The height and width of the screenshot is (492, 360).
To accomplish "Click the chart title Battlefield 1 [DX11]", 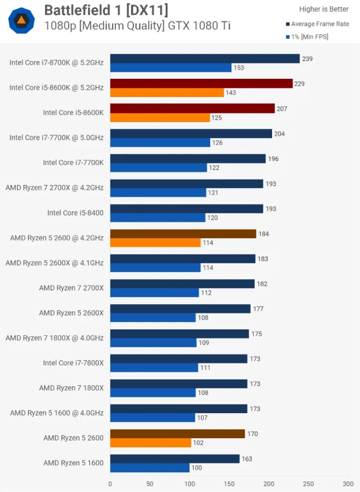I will point(106,10).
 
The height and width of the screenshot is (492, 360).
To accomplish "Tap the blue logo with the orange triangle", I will point(22,20).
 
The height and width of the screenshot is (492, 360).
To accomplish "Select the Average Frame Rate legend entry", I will point(320,24).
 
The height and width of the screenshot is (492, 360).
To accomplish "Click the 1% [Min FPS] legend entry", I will point(309,37).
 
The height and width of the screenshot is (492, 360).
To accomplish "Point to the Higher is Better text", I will point(324,9).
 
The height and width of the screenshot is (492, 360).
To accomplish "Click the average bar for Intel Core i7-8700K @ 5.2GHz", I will point(205,59).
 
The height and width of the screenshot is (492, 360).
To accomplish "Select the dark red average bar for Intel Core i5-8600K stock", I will point(192,109).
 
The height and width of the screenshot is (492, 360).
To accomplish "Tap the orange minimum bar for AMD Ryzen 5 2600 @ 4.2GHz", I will point(155,243).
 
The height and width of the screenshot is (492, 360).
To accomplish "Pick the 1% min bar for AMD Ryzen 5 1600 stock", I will point(150,467).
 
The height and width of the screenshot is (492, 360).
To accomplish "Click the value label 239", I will point(307,59).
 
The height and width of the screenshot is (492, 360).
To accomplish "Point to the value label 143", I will point(231,93).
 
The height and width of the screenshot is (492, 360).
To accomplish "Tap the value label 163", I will point(247,459).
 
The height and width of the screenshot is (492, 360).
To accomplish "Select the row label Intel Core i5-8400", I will point(75,213).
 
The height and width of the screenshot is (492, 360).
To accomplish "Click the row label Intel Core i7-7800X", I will point(73,363).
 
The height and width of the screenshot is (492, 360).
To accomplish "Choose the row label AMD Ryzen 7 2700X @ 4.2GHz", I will point(54,187).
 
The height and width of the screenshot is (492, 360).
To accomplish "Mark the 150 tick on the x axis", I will point(229,484).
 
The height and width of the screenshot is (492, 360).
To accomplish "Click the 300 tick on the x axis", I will point(348,484).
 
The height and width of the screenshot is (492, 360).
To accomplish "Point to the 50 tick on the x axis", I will point(150,484).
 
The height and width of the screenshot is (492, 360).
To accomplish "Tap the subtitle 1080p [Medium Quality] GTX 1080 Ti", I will point(137,26).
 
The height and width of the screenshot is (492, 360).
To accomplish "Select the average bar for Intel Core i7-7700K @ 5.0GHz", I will point(191,134).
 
